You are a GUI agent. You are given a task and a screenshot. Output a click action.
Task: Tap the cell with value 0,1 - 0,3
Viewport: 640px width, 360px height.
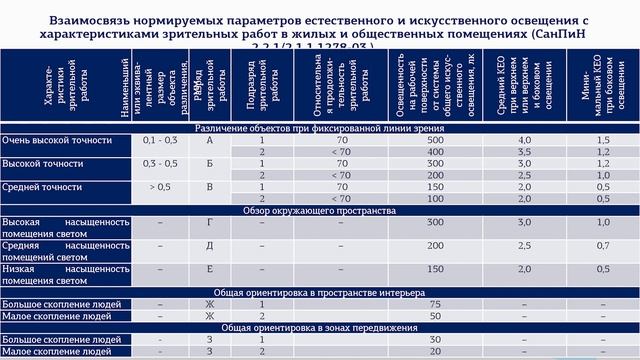click(x=161, y=140)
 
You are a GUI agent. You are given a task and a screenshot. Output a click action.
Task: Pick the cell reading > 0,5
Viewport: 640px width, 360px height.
click(x=161, y=186)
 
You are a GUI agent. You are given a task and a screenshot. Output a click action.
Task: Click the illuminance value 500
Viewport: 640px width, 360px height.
click(x=434, y=140)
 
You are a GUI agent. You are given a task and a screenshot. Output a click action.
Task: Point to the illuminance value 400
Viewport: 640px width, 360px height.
click(x=434, y=151)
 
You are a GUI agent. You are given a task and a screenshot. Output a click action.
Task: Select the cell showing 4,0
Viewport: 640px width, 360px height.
click(x=523, y=140)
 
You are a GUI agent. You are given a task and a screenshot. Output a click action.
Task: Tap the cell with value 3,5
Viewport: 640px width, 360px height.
click(x=523, y=151)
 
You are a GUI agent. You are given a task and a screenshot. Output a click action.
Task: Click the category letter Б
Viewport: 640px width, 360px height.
click(x=210, y=163)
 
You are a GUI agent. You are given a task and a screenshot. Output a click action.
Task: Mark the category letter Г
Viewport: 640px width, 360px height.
click(x=210, y=221)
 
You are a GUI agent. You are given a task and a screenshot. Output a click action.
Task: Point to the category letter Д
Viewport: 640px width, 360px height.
click(x=210, y=244)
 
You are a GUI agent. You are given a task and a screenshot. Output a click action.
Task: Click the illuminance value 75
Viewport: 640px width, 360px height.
click(x=434, y=304)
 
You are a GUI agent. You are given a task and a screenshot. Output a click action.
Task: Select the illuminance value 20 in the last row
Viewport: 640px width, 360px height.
click(x=434, y=351)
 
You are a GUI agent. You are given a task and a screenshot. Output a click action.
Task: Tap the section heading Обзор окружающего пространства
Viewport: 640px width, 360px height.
click(x=320, y=210)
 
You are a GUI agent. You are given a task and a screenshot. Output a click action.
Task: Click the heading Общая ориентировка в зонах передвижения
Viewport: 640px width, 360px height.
click(x=320, y=327)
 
